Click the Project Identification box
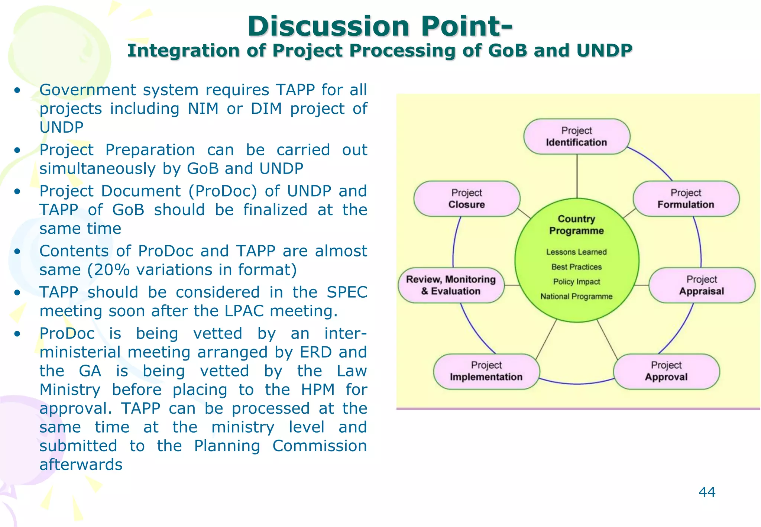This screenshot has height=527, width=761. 576,136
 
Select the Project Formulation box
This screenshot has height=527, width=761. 686,199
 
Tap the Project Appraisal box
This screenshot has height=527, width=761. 702,285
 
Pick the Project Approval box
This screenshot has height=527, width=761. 666,371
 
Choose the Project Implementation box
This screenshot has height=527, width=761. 486,371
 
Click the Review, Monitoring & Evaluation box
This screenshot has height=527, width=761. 451,285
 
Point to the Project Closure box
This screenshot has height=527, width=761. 467,199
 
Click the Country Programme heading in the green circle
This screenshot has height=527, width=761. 576,225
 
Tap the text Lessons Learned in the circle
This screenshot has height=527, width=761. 576,252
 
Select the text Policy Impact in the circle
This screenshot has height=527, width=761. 576,282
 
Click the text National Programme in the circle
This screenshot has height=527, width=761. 576,297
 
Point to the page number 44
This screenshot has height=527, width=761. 707,492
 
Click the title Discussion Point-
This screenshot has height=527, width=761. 380,27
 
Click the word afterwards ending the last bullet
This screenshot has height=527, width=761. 81,465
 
